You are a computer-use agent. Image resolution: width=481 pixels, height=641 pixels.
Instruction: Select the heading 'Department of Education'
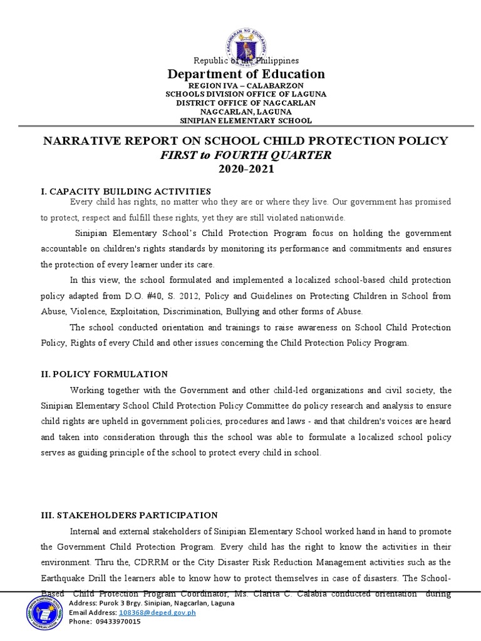[x=245, y=74]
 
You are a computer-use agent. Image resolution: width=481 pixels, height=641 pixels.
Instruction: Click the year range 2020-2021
[x=245, y=170]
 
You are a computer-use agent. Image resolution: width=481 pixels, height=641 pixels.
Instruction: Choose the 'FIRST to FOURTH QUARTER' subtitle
[x=245, y=155]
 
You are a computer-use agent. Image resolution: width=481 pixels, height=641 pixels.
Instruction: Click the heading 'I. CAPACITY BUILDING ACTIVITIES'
[x=125, y=191]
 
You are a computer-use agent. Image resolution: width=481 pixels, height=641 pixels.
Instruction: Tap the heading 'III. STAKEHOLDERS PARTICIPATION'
[x=128, y=515]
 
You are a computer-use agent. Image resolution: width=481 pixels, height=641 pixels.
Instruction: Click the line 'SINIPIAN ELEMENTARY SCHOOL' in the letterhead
[x=245, y=121]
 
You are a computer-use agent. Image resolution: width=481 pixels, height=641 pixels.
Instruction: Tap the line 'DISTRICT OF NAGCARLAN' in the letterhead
[x=245, y=103]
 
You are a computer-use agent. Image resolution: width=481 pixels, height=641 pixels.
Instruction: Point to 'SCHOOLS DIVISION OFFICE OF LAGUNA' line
[x=245, y=94]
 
